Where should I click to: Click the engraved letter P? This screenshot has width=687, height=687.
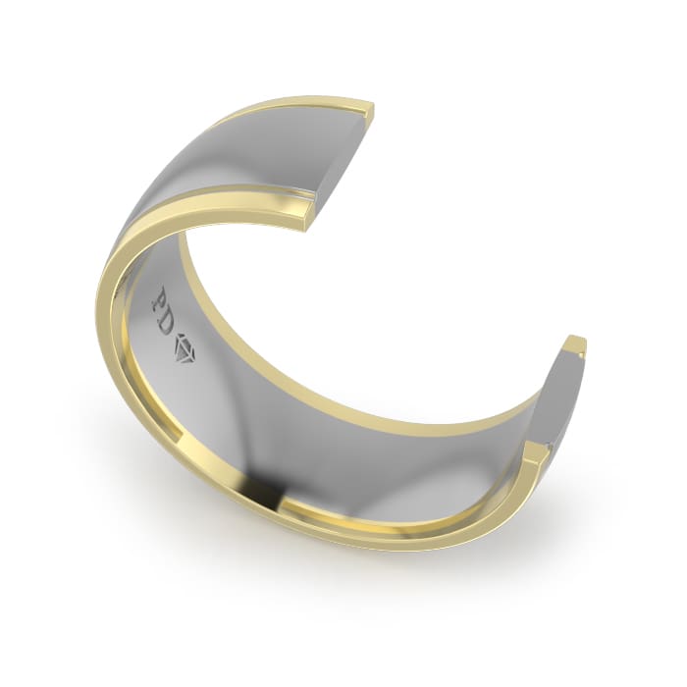point(160,298)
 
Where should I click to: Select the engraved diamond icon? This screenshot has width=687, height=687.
point(186,348)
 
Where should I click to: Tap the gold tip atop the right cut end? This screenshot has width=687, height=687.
point(576,343)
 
